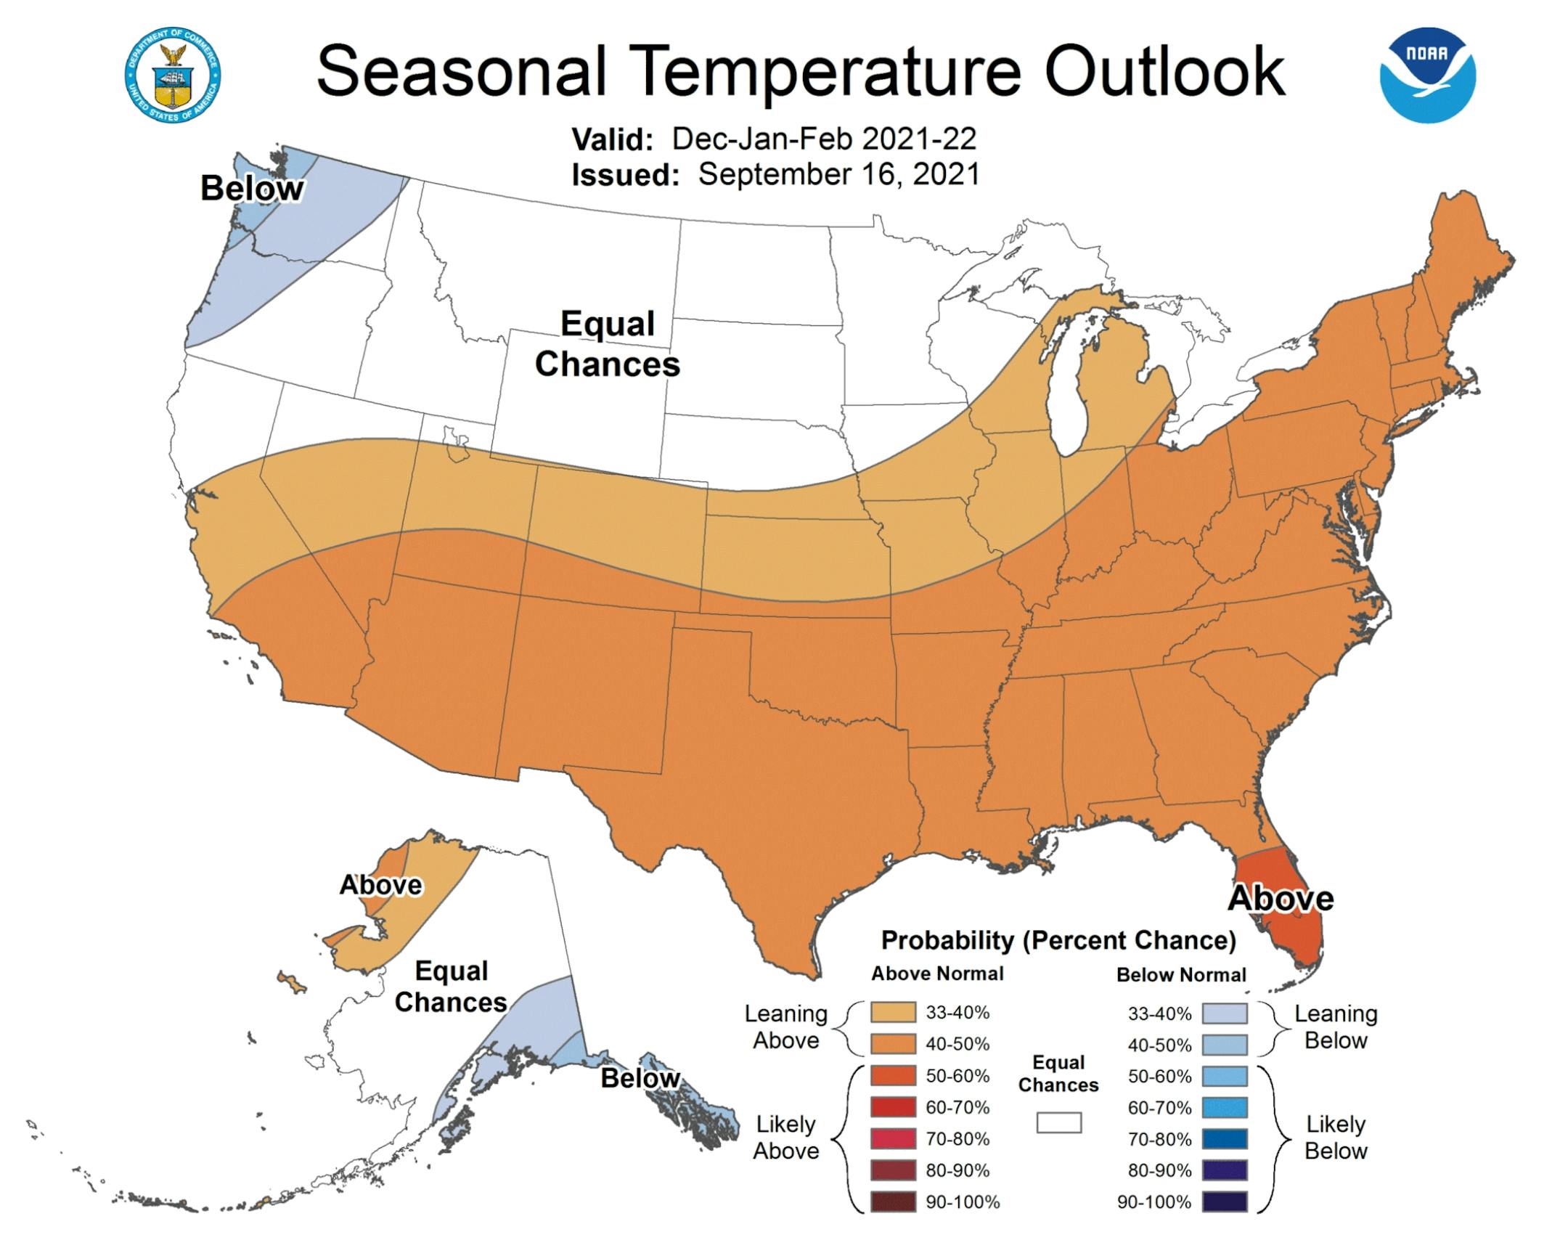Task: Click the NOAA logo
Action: (x=1427, y=76)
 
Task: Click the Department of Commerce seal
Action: (x=173, y=76)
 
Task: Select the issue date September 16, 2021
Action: (x=838, y=175)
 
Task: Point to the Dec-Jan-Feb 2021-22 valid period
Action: (x=823, y=139)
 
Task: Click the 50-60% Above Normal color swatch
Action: (x=893, y=1076)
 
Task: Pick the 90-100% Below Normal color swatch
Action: (x=1224, y=1202)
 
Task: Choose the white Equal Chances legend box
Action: (x=1058, y=1123)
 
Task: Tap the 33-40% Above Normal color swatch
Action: (x=893, y=1013)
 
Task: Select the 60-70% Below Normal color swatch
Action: (x=1224, y=1108)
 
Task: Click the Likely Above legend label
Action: (x=785, y=1138)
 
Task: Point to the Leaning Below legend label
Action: (x=1336, y=1027)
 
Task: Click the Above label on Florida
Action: (x=1281, y=899)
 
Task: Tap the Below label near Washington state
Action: (x=251, y=189)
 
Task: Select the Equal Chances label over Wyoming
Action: (x=608, y=344)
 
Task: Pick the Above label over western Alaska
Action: (x=380, y=885)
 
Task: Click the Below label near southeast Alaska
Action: (x=640, y=1078)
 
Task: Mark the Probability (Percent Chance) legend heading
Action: (x=1058, y=940)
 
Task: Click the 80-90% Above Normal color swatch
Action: (x=893, y=1170)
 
